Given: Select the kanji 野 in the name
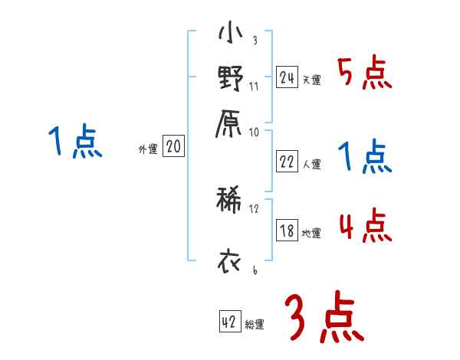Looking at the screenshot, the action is click(230, 80).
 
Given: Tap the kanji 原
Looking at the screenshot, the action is click(230, 122).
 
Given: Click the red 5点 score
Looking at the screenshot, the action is click(365, 74).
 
